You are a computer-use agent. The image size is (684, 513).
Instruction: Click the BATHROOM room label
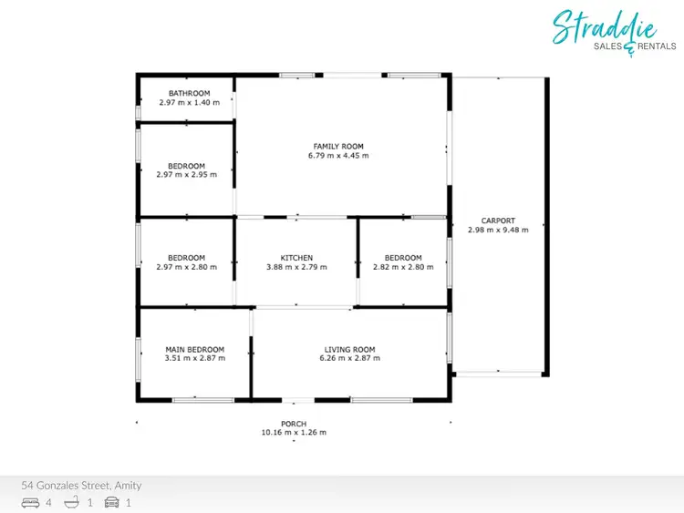tap(189, 93)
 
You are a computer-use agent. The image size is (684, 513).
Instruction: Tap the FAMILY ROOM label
tap(338, 147)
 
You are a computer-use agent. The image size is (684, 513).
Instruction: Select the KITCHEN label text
tap(296, 258)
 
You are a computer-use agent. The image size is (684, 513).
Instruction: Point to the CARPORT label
tap(498, 221)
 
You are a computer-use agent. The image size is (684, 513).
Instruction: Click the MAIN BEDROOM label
tap(194, 349)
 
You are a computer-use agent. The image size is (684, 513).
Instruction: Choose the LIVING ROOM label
tap(349, 349)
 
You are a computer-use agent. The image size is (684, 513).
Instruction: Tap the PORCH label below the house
tap(293, 424)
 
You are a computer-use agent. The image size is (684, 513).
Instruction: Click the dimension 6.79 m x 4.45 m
tap(338, 156)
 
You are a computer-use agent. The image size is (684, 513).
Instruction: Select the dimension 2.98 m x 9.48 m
tap(498, 230)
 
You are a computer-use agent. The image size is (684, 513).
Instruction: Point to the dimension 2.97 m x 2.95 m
tap(186, 175)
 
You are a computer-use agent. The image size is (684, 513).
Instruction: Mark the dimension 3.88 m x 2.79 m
tap(296, 267)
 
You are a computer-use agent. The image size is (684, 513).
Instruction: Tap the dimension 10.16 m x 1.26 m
tap(293, 433)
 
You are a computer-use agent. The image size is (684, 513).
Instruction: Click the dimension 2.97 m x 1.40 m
tap(189, 102)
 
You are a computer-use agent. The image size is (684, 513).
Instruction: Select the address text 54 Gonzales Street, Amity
tap(82, 486)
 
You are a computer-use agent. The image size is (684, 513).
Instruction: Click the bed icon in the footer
tap(30, 502)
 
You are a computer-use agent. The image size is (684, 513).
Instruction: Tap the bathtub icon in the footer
tap(72, 502)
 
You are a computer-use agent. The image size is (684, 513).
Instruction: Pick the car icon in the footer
tap(112, 502)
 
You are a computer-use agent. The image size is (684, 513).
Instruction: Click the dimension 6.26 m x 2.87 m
tap(349, 358)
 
